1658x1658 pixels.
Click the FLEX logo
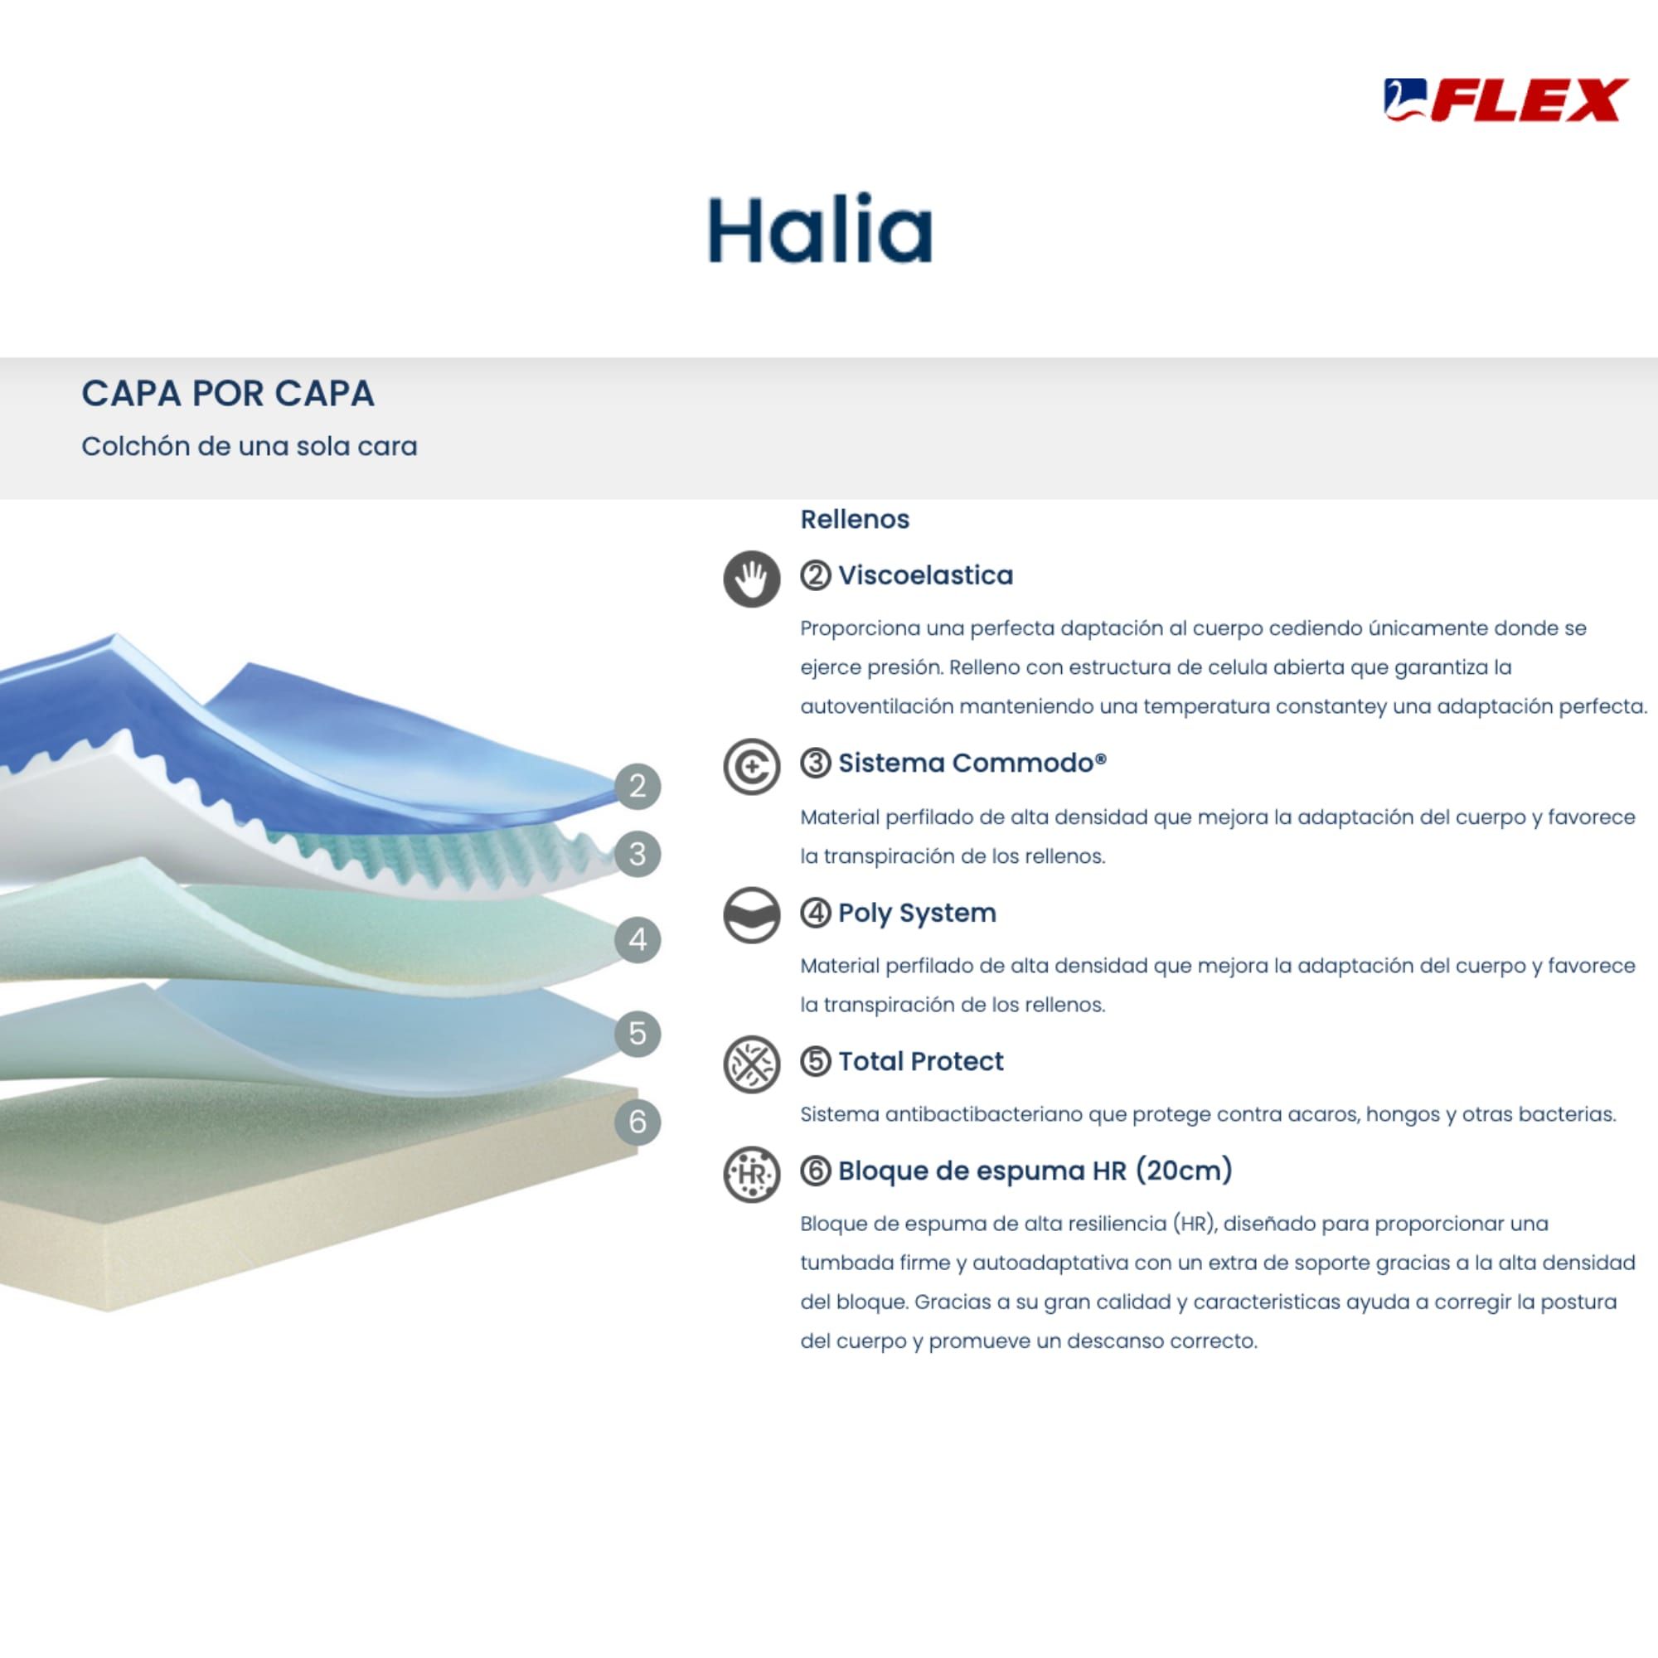[x=1505, y=100]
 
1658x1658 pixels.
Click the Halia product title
[x=820, y=229]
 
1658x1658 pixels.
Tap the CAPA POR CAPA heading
[x=227, y=393]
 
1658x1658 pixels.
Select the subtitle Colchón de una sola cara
[x=249, y=446]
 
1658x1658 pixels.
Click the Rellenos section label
[x=855, y=519]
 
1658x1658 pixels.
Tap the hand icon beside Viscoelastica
[x=752, y=579]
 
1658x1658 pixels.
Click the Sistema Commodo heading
[x=972, y=762]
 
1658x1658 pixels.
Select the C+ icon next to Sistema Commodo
[x=752, y=765]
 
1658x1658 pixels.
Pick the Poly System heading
[x=918, y=912]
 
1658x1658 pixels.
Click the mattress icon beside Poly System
[x=752, y=915]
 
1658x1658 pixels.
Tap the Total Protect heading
[x=921, y=1061]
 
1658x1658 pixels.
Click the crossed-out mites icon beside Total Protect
[x=752, y=1064]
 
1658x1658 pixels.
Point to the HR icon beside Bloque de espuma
[x=752, y=1173]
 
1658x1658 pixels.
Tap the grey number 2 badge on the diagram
[x=638, y=786]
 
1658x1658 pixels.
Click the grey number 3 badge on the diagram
[x=638, y=854]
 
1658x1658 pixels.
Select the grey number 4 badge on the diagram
[x=638, y=939]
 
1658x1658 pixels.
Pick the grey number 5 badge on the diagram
[x=638, y=1033]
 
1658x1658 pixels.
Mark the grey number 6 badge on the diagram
[x=638, y=1122]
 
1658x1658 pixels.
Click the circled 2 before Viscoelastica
[x=815, y=575]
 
